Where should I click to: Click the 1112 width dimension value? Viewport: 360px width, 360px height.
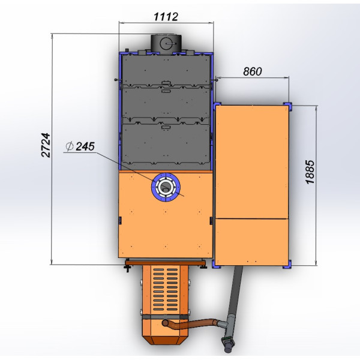point(166,17)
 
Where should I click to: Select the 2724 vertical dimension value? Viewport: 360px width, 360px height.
point(46,145)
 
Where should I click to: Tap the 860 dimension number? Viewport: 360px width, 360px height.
point(253,71)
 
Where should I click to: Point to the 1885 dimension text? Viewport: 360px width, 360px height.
point(310,172)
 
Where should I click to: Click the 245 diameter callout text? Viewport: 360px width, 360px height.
point(85,146)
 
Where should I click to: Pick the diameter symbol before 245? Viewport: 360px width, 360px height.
point(70,146)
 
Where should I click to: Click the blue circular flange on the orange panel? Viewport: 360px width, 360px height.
point(166,187)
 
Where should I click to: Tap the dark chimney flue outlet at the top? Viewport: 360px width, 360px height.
point(166,44)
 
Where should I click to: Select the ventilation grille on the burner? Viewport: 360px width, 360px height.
point(166,289)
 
